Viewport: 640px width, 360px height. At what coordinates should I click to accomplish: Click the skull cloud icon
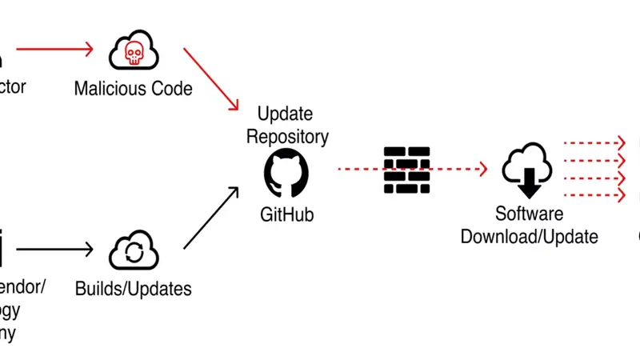(134, 51)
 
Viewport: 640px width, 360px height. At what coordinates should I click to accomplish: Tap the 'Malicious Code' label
(133, 88)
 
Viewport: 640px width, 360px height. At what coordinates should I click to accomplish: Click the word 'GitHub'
(286, 214)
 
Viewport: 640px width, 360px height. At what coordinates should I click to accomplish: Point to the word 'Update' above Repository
(285, 114)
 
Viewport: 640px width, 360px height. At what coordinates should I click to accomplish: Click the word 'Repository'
(287, 136)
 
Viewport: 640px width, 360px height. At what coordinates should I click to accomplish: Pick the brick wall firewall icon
(406, 170)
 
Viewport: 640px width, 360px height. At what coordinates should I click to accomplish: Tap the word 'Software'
(529, 214)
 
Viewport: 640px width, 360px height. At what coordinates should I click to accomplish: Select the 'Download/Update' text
(529, 237)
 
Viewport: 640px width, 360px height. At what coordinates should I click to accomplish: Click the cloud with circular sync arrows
(134, 251)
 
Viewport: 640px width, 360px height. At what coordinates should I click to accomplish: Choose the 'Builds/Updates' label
(133, 288)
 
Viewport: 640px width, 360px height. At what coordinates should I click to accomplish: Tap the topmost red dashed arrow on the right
(594, 142)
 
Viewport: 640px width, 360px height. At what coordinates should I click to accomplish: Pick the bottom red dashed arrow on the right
(594, 194)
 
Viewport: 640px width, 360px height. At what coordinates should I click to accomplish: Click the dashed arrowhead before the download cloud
(482, 169)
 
